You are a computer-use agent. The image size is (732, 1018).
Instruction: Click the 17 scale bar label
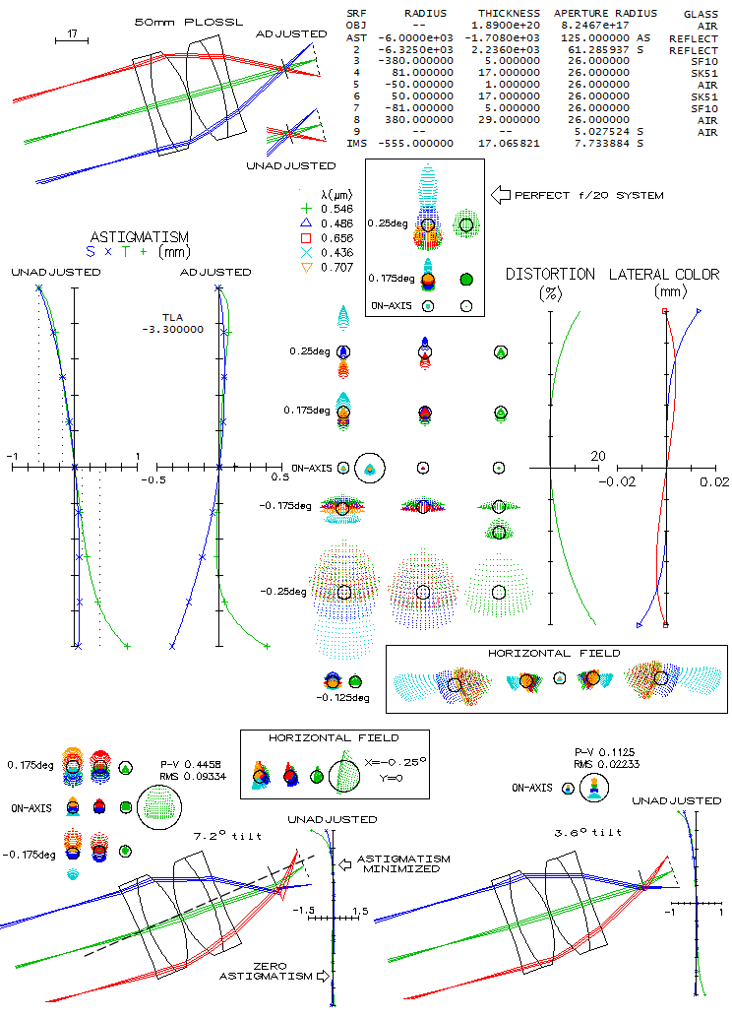click(73, 34)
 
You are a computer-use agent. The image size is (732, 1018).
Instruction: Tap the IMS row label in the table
click(357, 143)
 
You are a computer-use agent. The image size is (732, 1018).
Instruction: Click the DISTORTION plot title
click(550, 274)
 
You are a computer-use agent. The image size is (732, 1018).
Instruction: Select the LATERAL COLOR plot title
click(664, 274)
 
